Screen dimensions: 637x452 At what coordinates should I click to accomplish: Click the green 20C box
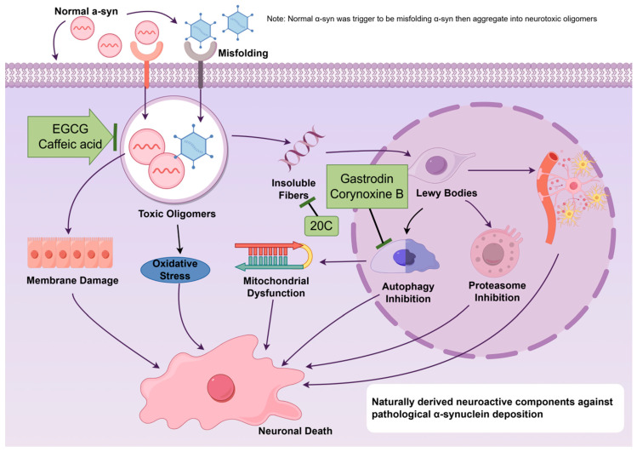(x=321, y=226)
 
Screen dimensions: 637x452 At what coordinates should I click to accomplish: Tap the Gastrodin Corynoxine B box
(x=367, y=186)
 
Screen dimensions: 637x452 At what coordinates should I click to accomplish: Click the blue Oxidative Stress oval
(x=175, y=270)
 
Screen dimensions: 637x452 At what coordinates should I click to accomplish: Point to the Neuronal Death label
(x=295, y=431)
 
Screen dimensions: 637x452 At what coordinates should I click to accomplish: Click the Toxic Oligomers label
(x=177, y=214)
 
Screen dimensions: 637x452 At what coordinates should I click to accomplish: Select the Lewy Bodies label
(x=446, y=193)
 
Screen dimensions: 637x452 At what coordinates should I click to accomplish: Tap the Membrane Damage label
(x=72, y=280)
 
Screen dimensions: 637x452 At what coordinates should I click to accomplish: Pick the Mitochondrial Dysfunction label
(x=276, y=287)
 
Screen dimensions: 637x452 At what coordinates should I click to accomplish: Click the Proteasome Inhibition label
(x=498, y=291)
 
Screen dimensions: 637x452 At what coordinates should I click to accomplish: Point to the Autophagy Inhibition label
(x=408, y=293)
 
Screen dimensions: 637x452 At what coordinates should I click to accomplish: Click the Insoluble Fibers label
(x=293, y=189)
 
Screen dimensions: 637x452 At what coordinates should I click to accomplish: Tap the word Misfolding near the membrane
(x=243, y=54)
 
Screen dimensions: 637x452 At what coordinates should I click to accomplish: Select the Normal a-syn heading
(x=86, y=11)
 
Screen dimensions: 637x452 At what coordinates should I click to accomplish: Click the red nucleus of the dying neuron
(x=220, y=388)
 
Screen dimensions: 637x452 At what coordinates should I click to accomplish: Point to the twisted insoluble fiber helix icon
(x=302, y=148)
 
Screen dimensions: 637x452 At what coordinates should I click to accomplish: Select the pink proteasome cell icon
(x=495, y=253)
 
